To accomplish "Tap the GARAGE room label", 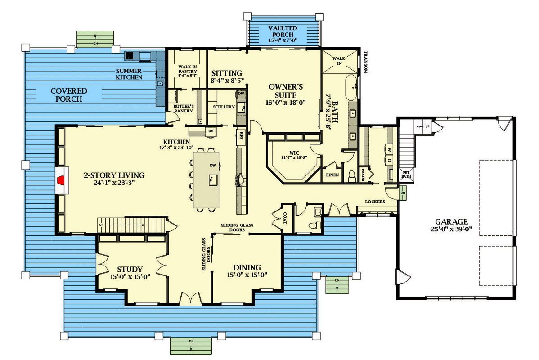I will [x=451, y=221].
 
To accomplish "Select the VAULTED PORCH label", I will [x=283, y=31].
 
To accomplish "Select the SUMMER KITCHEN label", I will [x=129, y=74].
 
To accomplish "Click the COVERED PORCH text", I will [x=69, y=95].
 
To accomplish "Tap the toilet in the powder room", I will [x=316, y=224].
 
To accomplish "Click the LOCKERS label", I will [x=375, y=202].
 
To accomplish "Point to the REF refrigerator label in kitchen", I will [x=241, y=134].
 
